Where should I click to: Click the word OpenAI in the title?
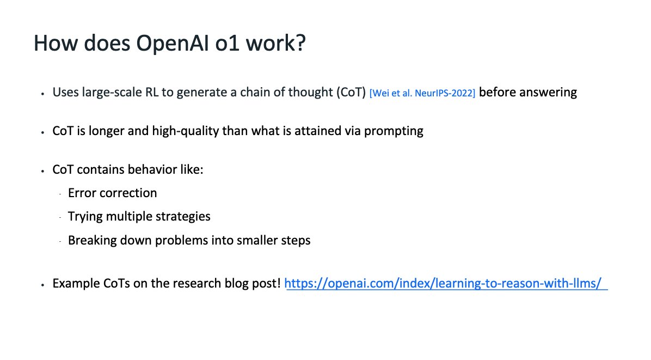(173, 43)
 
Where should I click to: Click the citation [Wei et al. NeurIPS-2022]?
(422, 93)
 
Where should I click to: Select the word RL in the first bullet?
(151, 92)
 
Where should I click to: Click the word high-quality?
(185, 131)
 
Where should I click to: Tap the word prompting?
(394, 131)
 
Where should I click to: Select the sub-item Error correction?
(113, 193)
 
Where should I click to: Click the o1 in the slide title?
(228, 43)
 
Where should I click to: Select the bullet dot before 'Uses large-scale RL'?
(43, 94)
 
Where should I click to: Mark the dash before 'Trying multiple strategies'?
(60, 217)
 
